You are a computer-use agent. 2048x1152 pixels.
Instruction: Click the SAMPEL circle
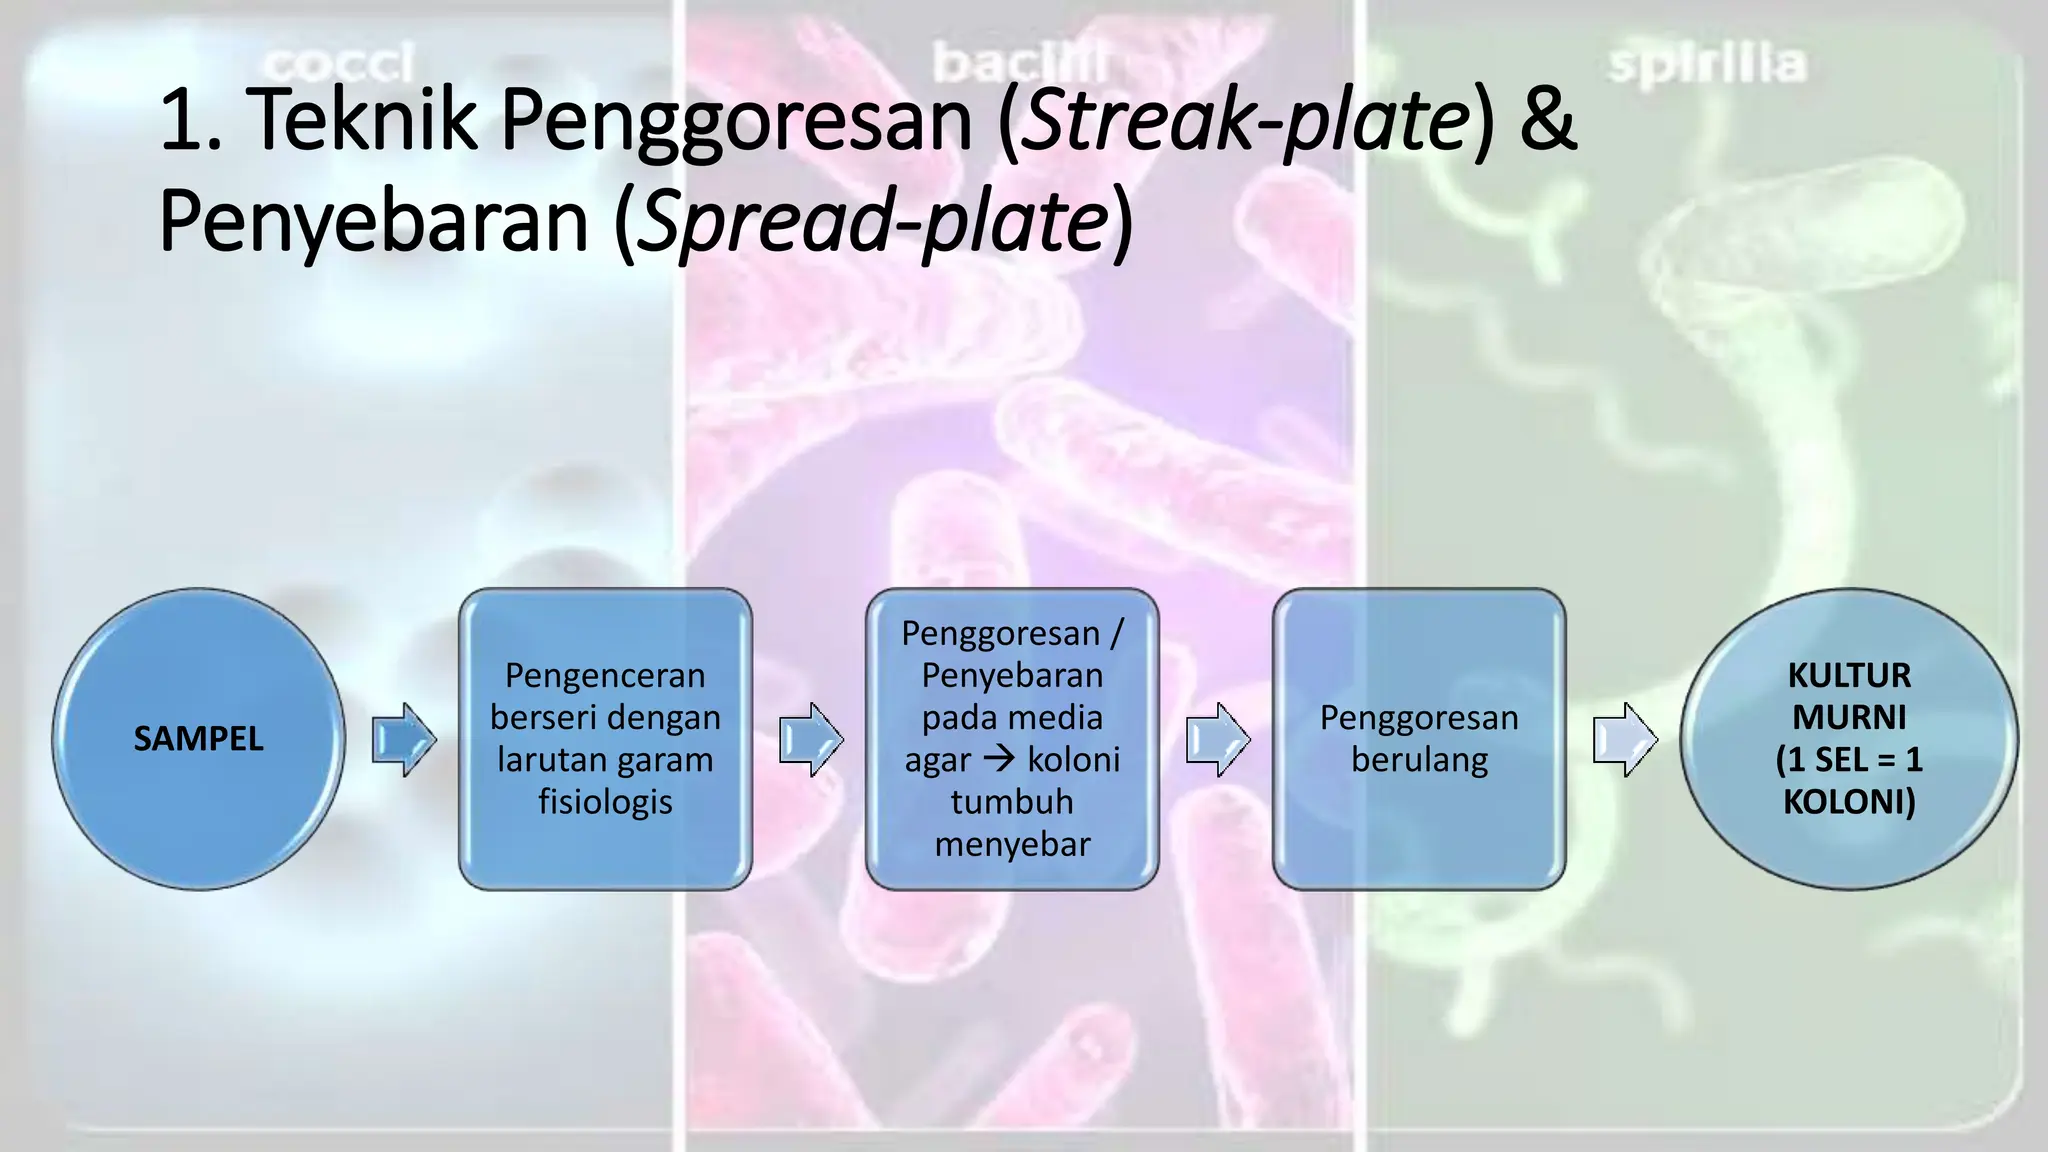click(198, 739)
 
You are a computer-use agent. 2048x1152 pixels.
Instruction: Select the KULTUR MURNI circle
click(1848, 739)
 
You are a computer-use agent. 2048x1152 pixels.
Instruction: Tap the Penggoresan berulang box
click(1419, 739)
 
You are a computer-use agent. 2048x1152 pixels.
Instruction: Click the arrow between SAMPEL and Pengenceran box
click(404, 739)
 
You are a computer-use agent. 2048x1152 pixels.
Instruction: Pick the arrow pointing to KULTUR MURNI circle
click(1625, 739)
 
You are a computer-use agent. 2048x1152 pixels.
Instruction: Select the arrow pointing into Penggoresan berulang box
click(1218, 739)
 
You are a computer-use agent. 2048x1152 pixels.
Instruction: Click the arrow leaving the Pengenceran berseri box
click(811, 739)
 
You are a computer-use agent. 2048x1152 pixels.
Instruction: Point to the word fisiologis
click(605, 802)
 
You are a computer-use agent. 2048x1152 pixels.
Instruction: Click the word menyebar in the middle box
click(1012, 844)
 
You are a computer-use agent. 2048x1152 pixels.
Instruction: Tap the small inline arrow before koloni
click(999, 759)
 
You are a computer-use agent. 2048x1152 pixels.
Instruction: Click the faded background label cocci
click(338, 64)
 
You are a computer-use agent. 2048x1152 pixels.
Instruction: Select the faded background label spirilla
click(1706, 64)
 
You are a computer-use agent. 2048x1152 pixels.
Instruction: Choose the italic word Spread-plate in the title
click(872, 221)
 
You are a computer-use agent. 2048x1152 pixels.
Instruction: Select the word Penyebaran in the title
click(373, 221)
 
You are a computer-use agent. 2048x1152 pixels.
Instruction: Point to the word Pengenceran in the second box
click(605, 676)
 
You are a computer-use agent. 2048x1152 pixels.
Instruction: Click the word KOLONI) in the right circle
click(1848, 802)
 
